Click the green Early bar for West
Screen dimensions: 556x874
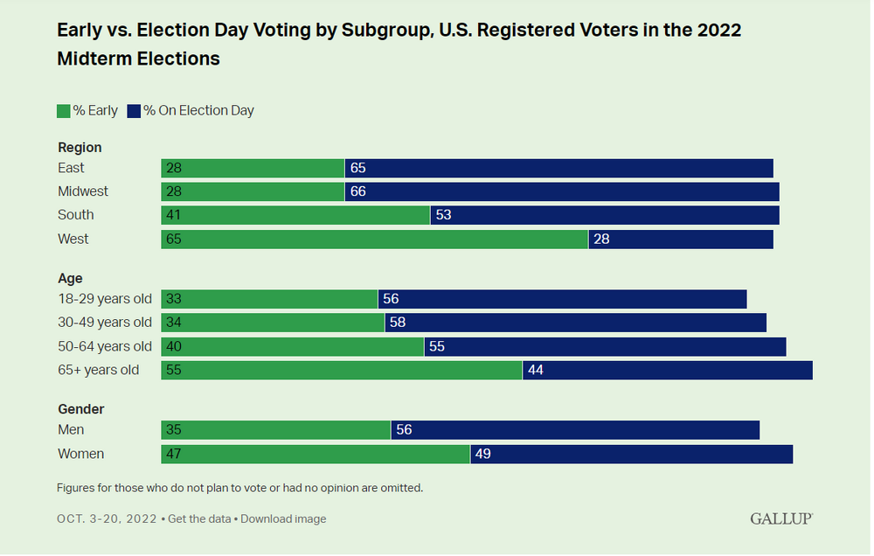point(374,239)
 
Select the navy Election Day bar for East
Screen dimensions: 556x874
point(559,168)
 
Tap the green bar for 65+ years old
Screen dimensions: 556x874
point(342,370)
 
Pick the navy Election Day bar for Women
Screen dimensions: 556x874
point(631,454)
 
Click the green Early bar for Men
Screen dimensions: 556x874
point(275,430)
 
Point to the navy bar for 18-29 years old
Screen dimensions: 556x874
point(562,299)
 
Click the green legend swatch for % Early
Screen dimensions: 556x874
point(64,111)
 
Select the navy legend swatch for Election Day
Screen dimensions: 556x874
point(135,111)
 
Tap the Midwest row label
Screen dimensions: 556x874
point(83,191)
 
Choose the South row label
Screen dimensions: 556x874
point(76,215)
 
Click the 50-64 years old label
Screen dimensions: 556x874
point(105,346)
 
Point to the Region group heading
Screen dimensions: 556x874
point(80,148)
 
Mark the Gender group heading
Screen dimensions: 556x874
point(81,409)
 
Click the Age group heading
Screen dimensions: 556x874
point(70,279)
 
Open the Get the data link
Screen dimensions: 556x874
point(199,519)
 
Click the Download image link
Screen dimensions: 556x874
point(283,519)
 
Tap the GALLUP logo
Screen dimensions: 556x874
point(780,519)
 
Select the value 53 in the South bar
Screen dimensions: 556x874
point(443,215)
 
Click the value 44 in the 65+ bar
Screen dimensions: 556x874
point(536,370)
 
